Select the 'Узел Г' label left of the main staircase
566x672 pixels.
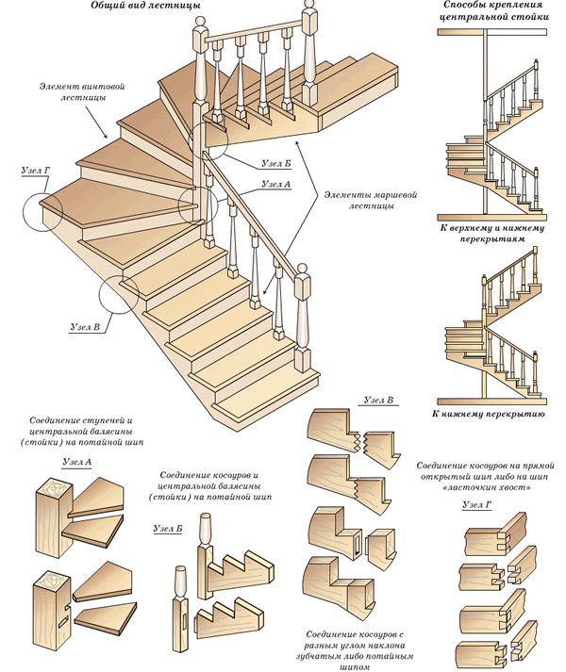35,172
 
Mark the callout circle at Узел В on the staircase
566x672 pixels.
123,294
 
